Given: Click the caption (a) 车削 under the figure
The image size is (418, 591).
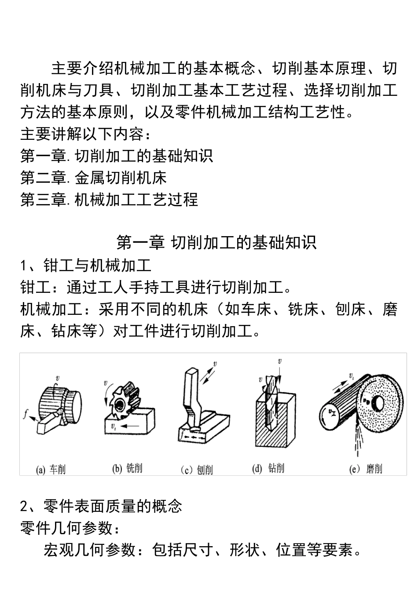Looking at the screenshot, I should (x=51, y=470).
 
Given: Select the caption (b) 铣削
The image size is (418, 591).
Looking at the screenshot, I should (x=127, y=468).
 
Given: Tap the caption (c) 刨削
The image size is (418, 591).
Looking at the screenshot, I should (x=197, y=470).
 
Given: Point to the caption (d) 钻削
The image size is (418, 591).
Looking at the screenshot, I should (x=268, y=468).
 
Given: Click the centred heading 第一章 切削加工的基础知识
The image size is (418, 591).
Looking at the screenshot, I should (x=216, y=242).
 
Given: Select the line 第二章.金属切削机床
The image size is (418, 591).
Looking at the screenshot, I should (x=94, y=178).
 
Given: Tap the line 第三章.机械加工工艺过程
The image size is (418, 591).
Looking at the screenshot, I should (x=109, y=200).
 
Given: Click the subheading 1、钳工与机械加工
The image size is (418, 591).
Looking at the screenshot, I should (x=86, y=265).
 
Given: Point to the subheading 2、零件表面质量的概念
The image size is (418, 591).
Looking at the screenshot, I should (x=101, y=506).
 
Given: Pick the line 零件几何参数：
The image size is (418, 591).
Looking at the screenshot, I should (x=70, y=528).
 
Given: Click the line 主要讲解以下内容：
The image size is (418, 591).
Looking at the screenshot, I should (x=86, y=134).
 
